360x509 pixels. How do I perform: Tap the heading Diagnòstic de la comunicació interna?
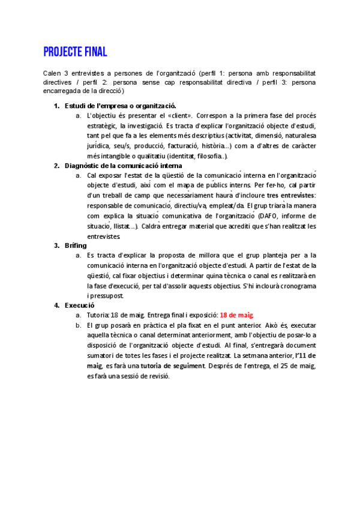click(124, 165)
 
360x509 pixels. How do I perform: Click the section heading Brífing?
click(76, 245)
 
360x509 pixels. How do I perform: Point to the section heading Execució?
click(80, 304)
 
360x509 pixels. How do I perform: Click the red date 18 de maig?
click(236, 315)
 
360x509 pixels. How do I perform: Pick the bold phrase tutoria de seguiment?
click(172, 366)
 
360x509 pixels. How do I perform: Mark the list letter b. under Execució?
click(79, 325)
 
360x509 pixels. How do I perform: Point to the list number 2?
click(56, 165)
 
